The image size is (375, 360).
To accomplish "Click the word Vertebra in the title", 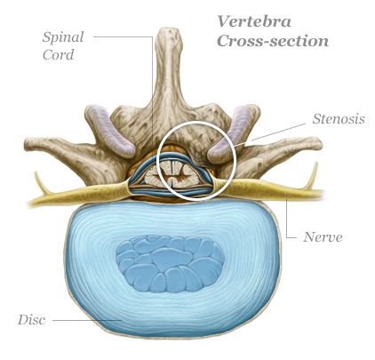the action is pos(254,21).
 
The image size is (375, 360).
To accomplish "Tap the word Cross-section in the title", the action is pos(273,41).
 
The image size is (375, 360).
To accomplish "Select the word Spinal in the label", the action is pos(63,38).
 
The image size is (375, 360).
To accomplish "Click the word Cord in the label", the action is pos(58,55).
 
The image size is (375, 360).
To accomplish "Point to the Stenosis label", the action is pos(339,119).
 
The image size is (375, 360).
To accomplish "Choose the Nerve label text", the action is pos(323,237).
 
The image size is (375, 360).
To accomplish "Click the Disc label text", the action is pos(31,320).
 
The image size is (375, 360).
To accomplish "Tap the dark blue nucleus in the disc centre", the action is pos(170,263).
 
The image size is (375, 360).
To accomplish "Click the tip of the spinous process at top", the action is pos(170,29).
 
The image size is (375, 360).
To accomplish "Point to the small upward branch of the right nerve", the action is pos(312,177).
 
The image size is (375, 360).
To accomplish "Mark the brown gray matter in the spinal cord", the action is pos(172,178).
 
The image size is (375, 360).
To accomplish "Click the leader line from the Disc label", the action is pos(87,320).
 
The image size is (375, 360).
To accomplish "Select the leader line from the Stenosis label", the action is pos(270,135).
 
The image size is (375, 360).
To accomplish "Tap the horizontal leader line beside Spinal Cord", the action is pos(124,36).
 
